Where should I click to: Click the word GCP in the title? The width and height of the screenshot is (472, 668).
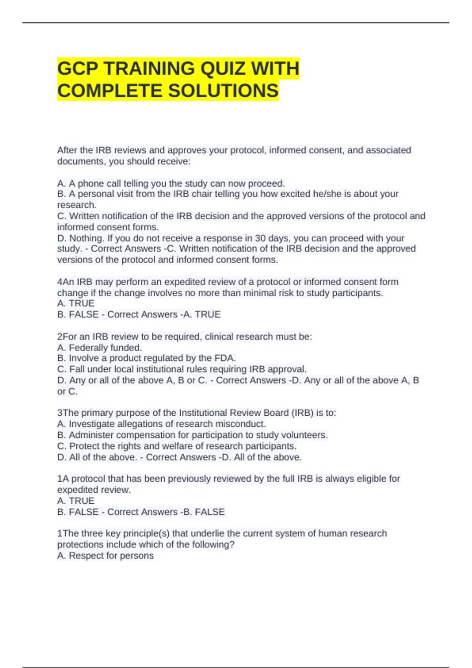pos(77,69)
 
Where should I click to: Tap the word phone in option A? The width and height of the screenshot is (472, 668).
pos(91,184)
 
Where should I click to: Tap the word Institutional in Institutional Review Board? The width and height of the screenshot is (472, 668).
pos(203,413)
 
